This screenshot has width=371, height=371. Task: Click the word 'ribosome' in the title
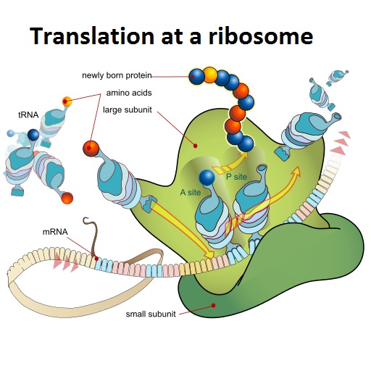point(261,36)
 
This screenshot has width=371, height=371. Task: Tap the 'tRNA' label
point(28,115)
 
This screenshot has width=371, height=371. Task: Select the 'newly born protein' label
point(117,75)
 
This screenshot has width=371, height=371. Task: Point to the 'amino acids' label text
point(129,93)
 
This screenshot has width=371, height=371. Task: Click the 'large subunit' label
point(128,109)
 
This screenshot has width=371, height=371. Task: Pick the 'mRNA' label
point(55,232)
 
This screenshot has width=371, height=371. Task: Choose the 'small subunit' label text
point(151,314)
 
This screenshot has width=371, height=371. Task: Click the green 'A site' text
point(191,192)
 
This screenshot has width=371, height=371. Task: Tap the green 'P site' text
point(236,177)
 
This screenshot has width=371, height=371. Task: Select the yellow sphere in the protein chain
point(210,75)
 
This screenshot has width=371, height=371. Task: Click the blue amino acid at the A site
point(207,178)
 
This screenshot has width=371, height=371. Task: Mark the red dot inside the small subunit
point(213,305)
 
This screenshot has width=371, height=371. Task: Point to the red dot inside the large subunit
point(196,146)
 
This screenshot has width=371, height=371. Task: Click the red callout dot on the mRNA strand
point(96,259)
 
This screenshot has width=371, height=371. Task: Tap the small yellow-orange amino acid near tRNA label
point(67,101)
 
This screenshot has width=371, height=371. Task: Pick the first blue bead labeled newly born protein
point(196,77)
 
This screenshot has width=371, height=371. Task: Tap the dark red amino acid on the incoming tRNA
point(91,149)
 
